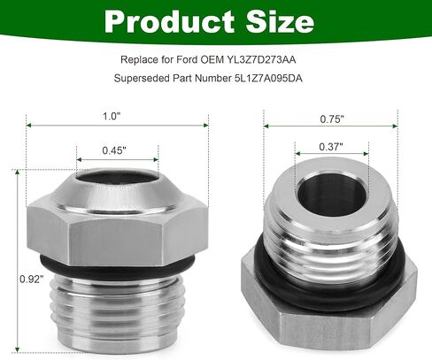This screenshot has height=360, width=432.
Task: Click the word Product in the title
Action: (169, 22)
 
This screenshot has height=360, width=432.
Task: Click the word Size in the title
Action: (280, 21)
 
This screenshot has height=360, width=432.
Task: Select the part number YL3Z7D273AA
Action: (261, 60)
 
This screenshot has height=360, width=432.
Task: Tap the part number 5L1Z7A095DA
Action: (268, 79)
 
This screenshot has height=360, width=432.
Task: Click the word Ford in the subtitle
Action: (187, 60)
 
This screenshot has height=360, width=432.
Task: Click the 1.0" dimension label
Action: (112, 116)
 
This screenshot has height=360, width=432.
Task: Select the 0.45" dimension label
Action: (114, 150)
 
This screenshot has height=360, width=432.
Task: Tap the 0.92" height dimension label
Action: (32, 279)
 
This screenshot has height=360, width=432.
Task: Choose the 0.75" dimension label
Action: (332, 119)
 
